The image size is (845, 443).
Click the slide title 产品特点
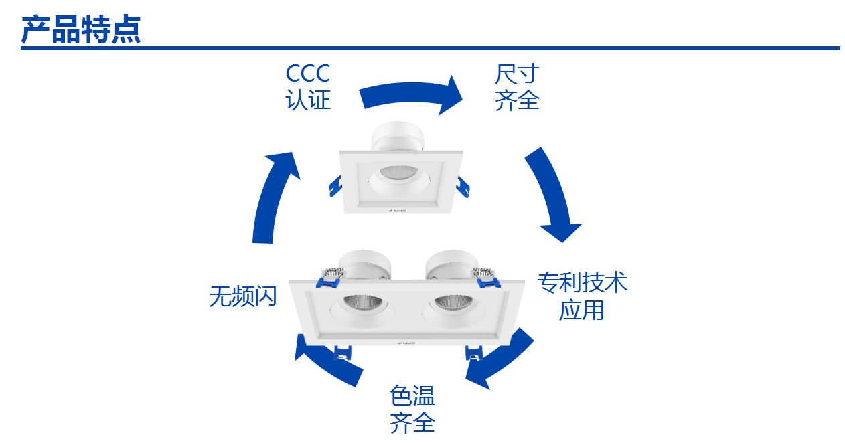tap(81, 29)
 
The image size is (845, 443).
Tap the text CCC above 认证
tap(308, 73)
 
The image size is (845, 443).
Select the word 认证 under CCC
tap(308, 100)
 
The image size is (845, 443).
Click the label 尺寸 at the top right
tap(517, 73)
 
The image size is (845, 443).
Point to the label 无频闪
tap(242, 296)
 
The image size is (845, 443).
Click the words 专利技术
tap(582, 282)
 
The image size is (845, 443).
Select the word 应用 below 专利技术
tap(582, 310)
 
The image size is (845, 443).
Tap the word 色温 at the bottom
tap(412, 395)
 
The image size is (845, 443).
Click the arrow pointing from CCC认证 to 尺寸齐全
tap(410, 95)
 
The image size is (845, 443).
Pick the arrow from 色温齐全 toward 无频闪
tap(328, 361)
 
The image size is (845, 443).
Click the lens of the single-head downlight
tap(398, 171)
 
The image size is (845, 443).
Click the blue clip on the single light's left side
tap(335, 187)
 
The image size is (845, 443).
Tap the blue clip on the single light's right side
tap(462, 188)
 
